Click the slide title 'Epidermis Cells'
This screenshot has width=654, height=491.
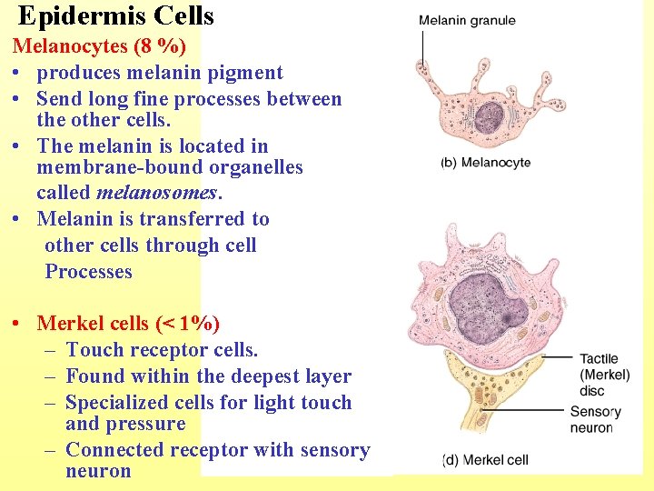click(115, 15)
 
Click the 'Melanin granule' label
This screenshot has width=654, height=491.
click(467, 21)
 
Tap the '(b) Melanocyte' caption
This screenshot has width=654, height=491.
click(485, 163)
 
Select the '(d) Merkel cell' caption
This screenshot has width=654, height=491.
click(485, 460)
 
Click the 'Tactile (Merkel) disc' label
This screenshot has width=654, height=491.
click(599, 376)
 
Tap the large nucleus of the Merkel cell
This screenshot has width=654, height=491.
click(490, 308)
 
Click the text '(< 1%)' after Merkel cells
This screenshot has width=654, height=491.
click(188, 323)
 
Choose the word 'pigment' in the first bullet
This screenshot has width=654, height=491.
click(249, 73)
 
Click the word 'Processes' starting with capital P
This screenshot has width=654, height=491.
click(88, 272)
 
